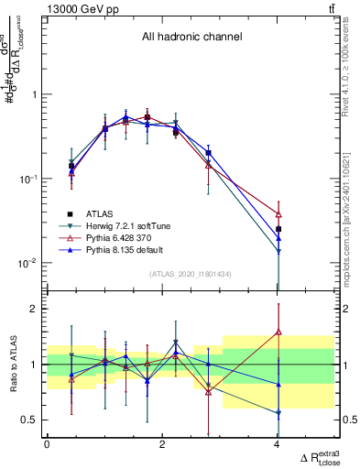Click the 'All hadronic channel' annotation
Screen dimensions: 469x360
(191, 38)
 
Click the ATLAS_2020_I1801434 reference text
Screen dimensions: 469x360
(191, 274)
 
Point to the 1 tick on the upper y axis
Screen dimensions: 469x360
(33, 94)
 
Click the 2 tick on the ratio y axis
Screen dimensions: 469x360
(33, 309)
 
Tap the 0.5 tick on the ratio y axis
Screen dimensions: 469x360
(29, 420)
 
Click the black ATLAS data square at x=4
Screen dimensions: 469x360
(278, 229)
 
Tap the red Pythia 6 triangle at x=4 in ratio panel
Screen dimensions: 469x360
(278, 332)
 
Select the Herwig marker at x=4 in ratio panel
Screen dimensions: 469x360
(278, 413)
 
